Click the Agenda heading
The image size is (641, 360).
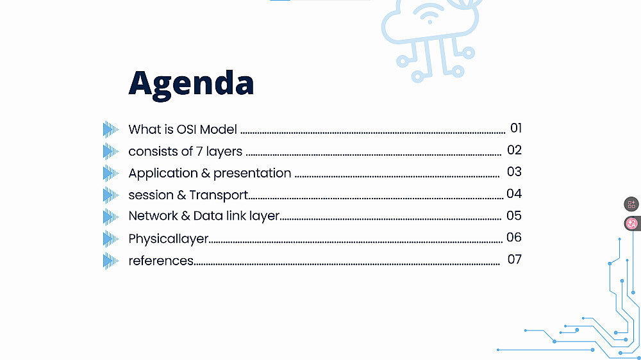click(x=191, y=85)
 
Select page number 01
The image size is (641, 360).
click(x=516, y=128)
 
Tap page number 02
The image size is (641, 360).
click(x=514, y=150)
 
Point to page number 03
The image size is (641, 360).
click(x=514, y=172)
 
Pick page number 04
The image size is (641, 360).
click(x=514, y=193)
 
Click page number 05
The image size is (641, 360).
click(x=514, y=215)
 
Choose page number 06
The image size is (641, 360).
click(x=514, y=237)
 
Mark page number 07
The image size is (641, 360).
click(x=515, y=259)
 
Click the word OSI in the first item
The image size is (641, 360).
click(x=186, y=129)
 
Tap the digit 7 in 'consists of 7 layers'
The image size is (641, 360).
click(x=199, y=152)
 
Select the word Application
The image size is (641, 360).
click(x=163, y=174)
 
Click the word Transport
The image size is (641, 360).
click(x=219, y=195)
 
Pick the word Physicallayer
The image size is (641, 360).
click(x=169, y=239)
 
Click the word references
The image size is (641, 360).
click(x=161, y=261)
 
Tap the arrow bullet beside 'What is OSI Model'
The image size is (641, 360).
click(x=110, y=129)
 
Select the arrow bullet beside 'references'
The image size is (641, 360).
click(x=110, y=261)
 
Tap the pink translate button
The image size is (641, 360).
click(x=631, y=224)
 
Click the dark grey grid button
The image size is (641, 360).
click(x=631, y=204)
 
